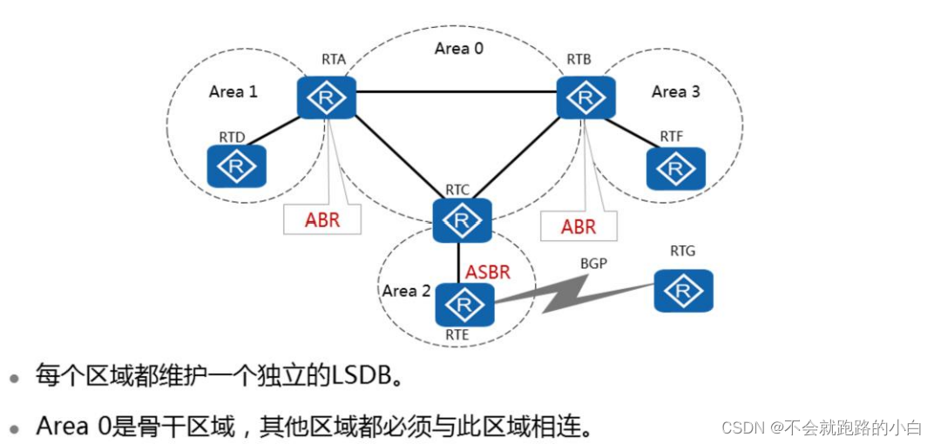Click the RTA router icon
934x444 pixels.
(x=327, y=98)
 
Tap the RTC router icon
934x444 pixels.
(x=463, y=220)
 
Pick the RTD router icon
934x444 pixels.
(x=236, y=165)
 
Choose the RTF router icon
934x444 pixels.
(x=676, y=168)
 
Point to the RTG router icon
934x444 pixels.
(x=684, y=291)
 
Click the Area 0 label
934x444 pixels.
(x=458, y=49)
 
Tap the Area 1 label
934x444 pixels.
(x=233, y=91)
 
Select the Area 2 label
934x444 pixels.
(x=406, y=291)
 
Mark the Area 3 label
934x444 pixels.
(x=675, y=91)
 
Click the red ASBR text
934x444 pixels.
(x=487, y=272)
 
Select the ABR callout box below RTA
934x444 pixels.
(x=321, y=220)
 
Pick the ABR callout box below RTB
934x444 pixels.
(x=578, y=226)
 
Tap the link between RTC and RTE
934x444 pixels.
(x=458, y=262)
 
